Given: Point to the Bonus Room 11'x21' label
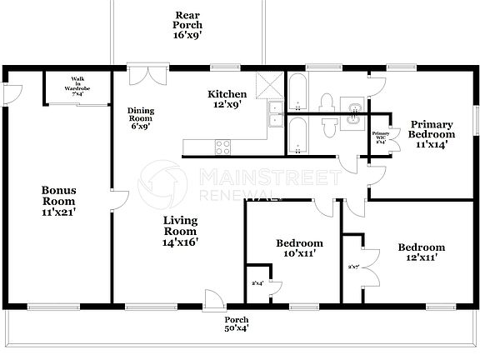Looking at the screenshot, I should click(x=58, y=201).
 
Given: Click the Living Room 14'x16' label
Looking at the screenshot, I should click(x=179, y=231).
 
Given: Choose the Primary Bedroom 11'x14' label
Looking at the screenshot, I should click(x=432, y=134).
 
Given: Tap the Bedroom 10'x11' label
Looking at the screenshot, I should click(x=299, y=248).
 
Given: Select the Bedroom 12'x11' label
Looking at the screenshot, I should click(x=421, y=252).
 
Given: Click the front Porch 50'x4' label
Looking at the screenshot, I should click(x=237, y=323).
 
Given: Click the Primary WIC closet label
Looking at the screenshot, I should click(x=381, y=137).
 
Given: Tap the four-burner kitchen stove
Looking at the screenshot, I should click(x=223, y=147).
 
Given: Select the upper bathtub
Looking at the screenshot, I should click(x=297, y=92).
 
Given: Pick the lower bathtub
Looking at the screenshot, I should click(x=297, y=135).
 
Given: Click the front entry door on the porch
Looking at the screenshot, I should click(x=213, y=298).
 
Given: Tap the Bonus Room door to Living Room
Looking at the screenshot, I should click(x=120, y=201).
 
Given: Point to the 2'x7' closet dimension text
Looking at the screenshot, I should click(x=352, y=267).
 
